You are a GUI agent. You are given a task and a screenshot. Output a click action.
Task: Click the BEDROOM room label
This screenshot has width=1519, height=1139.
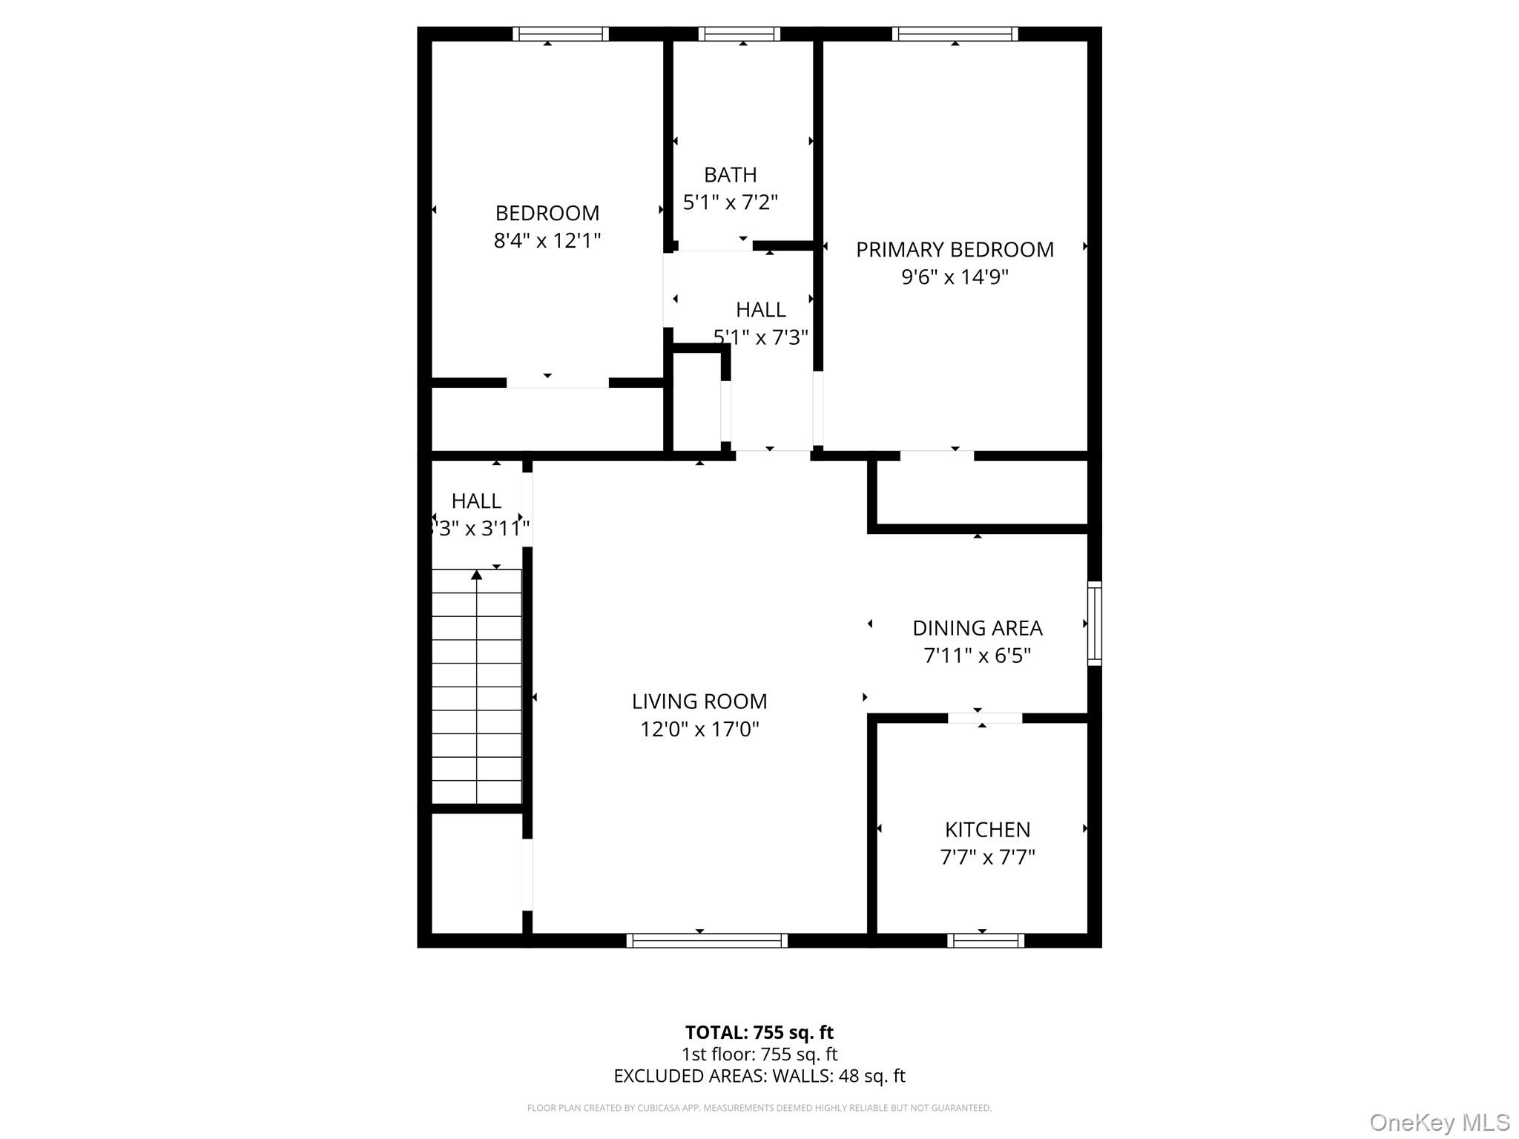tap(547, 214)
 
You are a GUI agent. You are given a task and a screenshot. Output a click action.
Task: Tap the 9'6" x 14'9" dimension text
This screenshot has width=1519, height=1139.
tap(955, 277)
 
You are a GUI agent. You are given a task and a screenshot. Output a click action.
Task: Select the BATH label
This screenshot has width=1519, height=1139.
tap(730, 175)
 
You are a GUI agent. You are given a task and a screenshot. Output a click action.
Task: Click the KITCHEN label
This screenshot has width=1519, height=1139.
tap(987, 829)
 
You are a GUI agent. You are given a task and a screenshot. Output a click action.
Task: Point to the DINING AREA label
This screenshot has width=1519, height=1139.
tap(977, 628)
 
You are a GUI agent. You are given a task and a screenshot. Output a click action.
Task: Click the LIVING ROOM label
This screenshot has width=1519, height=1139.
tap(699, 701)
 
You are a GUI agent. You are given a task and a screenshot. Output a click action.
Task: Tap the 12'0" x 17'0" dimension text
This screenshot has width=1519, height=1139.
tap(699, 730)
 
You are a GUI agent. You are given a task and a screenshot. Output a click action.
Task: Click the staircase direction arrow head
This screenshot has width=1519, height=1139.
tap(477, 575)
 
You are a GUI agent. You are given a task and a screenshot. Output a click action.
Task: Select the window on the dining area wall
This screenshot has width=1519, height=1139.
tap(1094, 623)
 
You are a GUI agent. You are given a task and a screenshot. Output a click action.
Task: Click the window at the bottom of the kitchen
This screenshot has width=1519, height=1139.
tap(985, 940)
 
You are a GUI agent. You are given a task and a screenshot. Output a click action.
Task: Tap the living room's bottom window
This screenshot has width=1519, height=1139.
tap(706, 940)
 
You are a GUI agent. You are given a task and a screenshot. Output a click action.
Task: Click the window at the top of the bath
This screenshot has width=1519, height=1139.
tap(739, 34)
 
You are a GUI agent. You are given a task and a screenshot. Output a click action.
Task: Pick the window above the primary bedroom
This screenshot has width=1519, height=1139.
tap(955, 34)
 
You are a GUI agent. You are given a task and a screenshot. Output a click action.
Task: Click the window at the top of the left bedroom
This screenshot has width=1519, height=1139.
tap(560, 34)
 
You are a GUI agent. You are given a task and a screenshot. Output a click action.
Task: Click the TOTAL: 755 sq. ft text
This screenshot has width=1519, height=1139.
tap(759, 1032)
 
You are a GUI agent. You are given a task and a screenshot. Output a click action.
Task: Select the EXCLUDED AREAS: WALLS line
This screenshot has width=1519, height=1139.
tap(759, 1076)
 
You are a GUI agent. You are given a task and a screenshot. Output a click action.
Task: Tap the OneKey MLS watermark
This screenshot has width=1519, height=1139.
tap(1439, 1122)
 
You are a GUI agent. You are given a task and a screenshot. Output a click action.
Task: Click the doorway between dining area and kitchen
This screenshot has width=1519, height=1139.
tap(984, 718)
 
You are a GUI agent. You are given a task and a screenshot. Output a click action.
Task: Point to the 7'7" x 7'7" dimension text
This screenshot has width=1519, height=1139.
tap(987, 857)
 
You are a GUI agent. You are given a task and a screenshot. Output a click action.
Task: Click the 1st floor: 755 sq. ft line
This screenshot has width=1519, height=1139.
tap(759, 1054)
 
